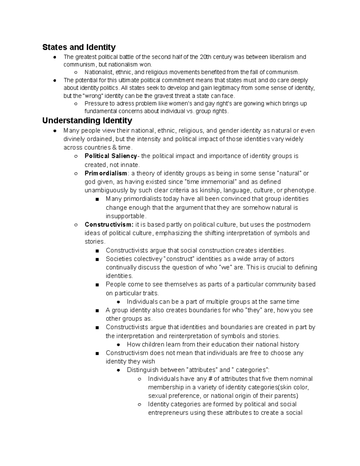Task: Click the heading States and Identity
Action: (79, 47)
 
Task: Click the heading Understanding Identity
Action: (87, 121)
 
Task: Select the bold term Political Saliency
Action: (110, 156)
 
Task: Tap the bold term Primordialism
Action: (106, 173)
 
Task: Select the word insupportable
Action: (126, 216)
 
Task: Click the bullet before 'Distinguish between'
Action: (118, 370)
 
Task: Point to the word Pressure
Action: (96, 104)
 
